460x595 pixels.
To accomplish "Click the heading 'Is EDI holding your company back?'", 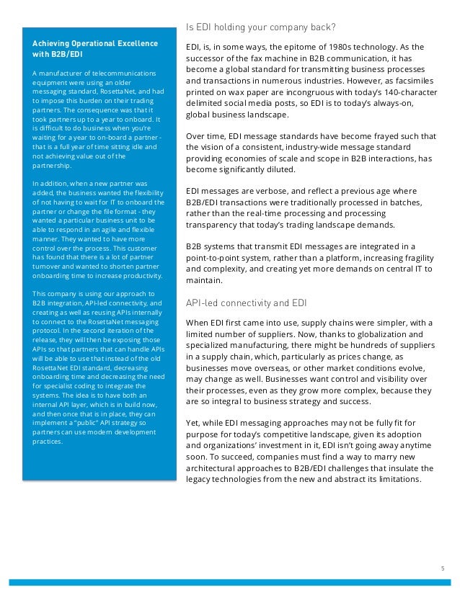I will coord(260,28).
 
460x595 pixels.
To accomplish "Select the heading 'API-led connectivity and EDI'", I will coord(247,303).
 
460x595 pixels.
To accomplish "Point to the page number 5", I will coord(442,568).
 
